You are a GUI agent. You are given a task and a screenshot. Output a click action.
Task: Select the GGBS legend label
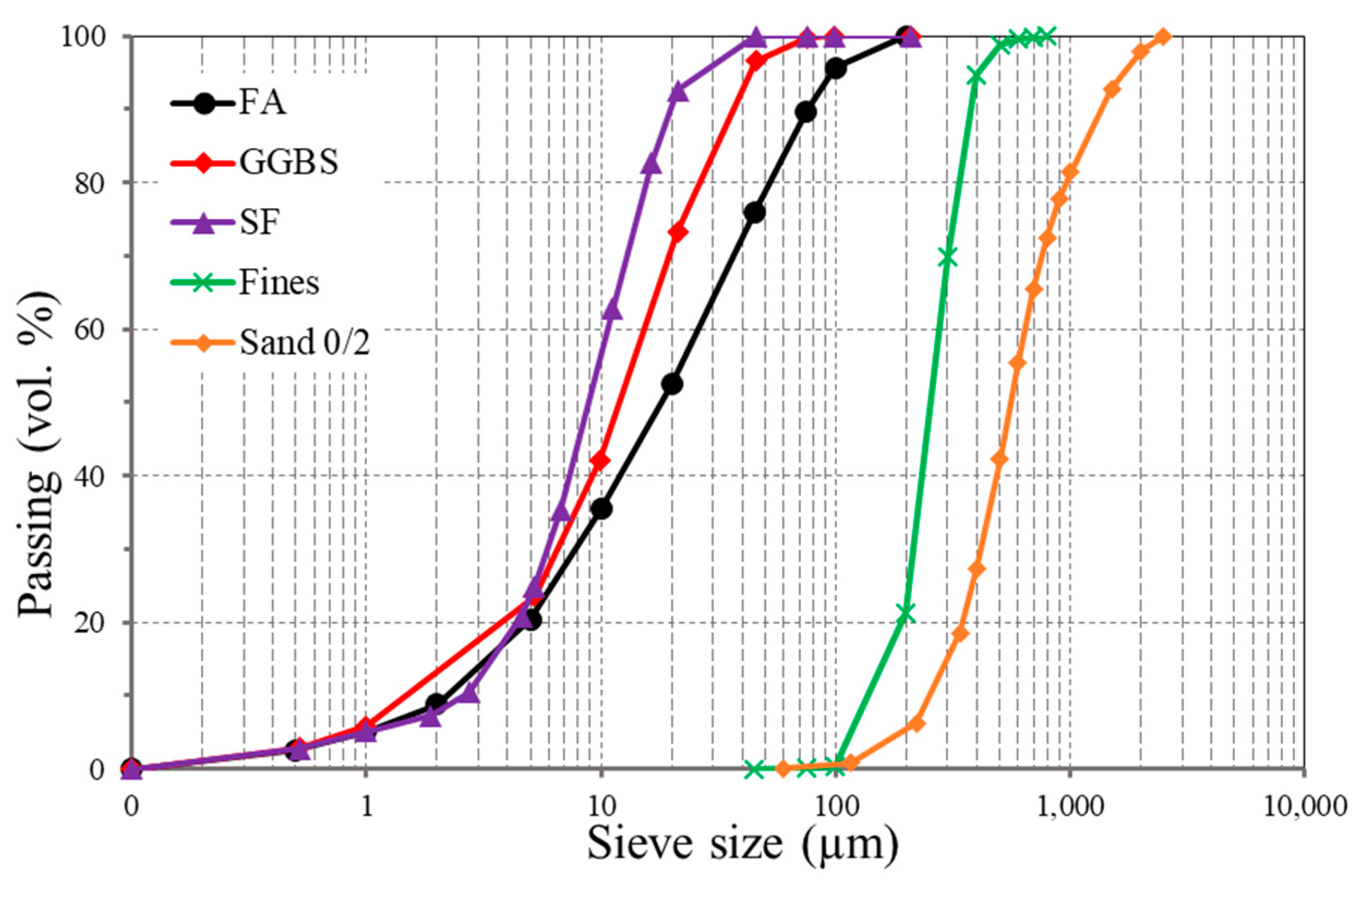(x=289, y=162)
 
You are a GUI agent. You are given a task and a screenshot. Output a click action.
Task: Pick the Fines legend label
(x=279, y=282)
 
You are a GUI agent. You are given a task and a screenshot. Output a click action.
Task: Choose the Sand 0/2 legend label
(x=305, y=343)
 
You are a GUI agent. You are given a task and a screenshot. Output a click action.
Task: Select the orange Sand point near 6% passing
(x=917, y=724)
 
